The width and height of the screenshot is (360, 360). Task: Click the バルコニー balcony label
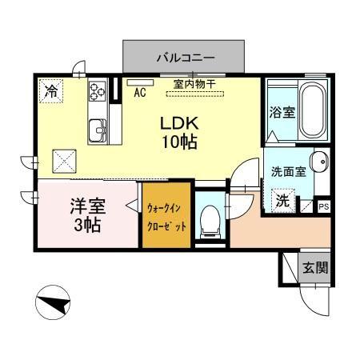pyautogui.click(x=185, y=58)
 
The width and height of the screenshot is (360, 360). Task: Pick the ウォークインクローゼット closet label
pyautogui.click(x=167, y=217)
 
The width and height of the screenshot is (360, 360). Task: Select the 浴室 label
pyautogui.click(x=282, y=112)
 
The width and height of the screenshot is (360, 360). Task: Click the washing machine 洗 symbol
pyautogui.click(x=282, y=200)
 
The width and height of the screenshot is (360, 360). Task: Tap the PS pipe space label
pyautogui.click(x=323, y=206)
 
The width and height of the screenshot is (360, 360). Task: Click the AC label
pyautogui.click(x=140, y=92)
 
